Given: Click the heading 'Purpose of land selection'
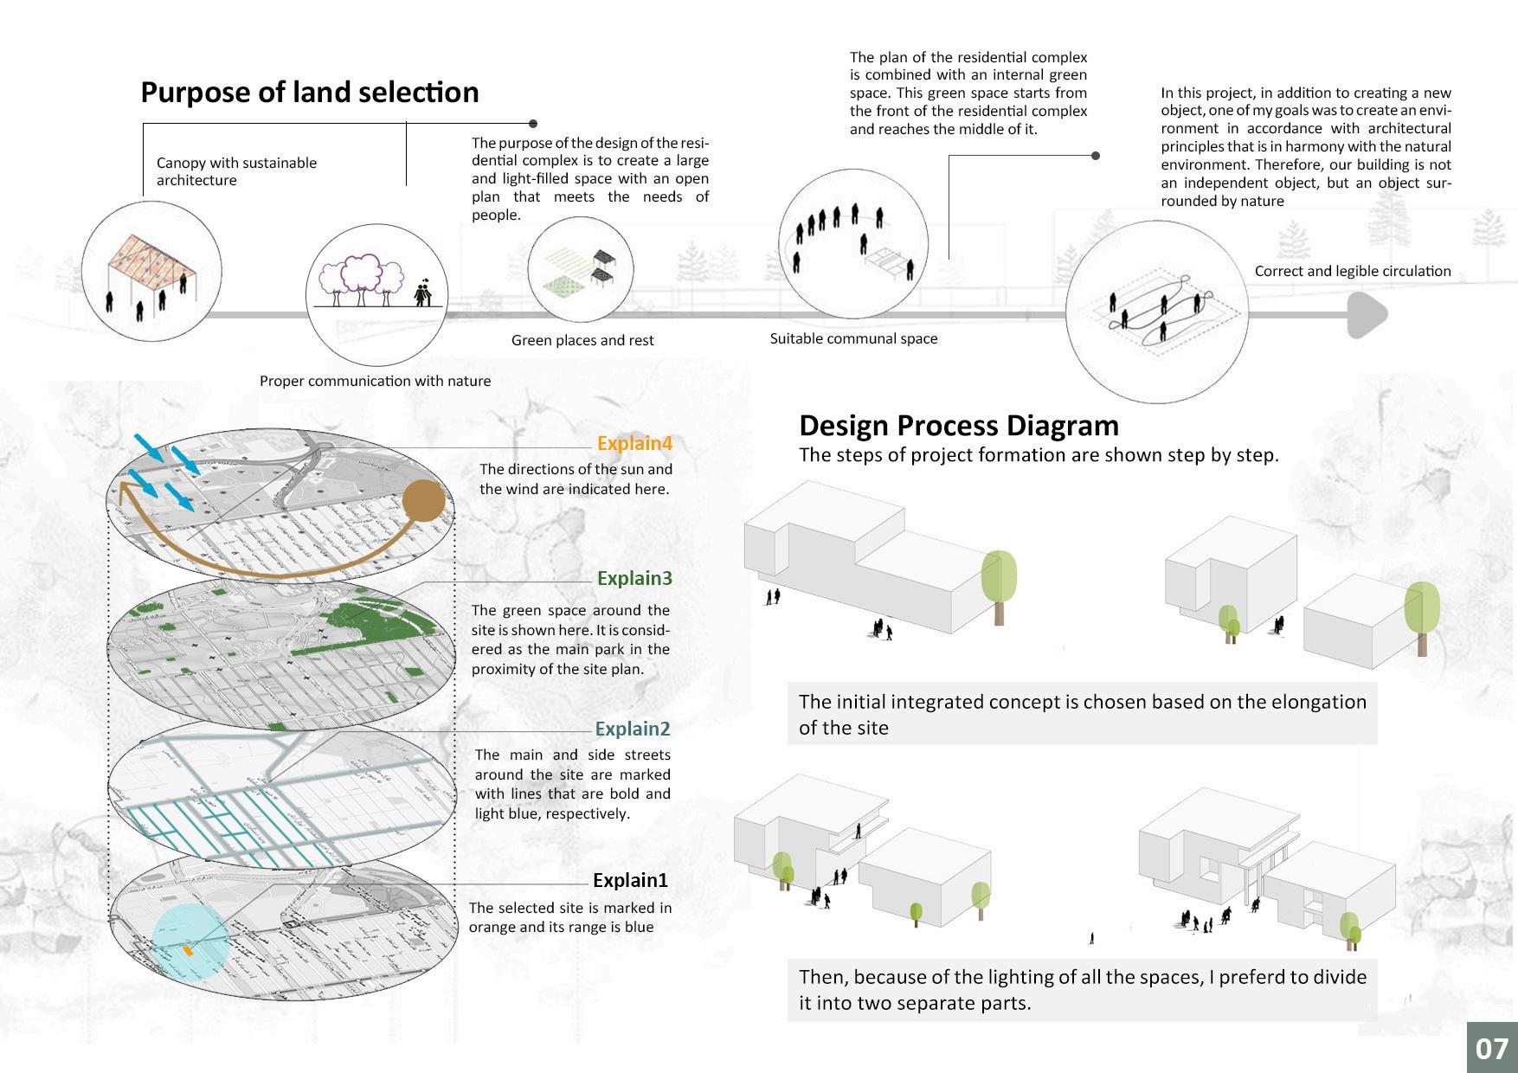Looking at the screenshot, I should [309, 93].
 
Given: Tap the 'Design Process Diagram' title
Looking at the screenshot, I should [958, 426].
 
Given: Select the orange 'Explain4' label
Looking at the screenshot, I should [634, 444].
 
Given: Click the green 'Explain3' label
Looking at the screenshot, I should [634, 579].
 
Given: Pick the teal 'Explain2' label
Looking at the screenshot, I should [633, 729].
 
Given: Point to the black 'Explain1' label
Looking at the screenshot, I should [630, 881].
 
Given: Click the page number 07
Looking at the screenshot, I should [1491, 1049].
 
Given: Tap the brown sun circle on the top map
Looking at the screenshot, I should [424, 501].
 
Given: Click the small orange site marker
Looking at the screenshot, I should [188, 950].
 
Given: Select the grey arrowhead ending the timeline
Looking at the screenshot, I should [1366, 315].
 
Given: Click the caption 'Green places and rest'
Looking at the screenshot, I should [582, 341].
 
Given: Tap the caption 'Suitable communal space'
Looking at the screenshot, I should [853, 339].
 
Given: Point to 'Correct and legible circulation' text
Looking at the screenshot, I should [1353, 272].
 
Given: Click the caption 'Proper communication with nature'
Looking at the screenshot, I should [375, 382].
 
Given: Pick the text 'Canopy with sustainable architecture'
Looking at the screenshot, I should [236, 171].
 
